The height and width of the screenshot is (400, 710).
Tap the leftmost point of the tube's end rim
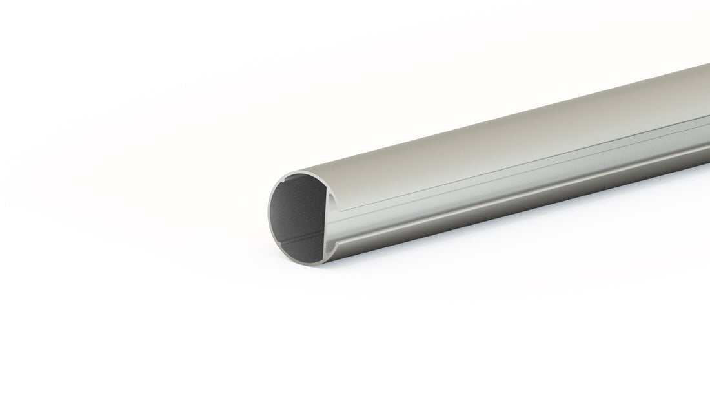(x=269, y=213)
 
